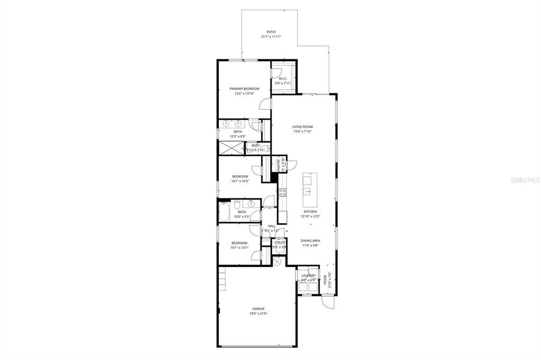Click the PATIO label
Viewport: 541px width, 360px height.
coord(271,32)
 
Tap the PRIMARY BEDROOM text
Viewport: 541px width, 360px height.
coord(244,89)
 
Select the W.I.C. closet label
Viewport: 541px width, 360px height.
coord(283,79)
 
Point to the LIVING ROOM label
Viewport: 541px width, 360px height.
coord(303,127)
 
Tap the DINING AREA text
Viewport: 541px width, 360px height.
coord(311,241)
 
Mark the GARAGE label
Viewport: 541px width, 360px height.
coord(258,309)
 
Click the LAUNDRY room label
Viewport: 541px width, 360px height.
coord(309,276)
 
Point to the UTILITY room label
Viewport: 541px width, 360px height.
coord(279,242)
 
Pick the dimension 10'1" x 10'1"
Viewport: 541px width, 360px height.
coord(239,248)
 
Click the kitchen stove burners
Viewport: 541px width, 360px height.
coord(282,193)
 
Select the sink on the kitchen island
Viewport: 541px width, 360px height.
coord(307,191)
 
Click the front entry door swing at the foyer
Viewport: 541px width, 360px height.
coord(328,303)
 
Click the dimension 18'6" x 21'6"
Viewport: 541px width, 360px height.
coord(258,314)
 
